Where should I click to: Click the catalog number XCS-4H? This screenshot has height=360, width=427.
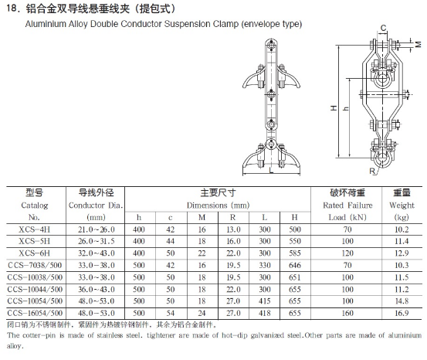point(34,229)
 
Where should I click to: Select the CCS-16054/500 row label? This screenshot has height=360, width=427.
point(35,313)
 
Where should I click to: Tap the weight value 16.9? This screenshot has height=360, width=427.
point(402,313)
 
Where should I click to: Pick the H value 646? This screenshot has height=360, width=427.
point(295,265)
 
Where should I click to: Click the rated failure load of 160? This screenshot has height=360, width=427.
point(347,313)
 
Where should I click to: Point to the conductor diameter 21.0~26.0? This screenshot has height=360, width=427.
point(96,229)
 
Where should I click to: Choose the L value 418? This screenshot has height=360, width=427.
point(264,313)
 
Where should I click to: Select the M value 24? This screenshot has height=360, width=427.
point(202,313)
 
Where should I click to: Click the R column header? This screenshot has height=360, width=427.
point(232,218)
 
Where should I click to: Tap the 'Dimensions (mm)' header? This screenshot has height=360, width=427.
point(218,205)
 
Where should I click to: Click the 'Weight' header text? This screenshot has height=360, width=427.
point(402,205)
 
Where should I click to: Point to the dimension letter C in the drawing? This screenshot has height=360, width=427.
point(384,28)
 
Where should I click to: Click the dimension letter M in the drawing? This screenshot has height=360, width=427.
point(419,43)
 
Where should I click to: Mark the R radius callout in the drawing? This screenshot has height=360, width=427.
point(372,172)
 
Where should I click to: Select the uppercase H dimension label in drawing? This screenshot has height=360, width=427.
point(334,108)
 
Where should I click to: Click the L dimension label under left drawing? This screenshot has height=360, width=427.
point(271,172)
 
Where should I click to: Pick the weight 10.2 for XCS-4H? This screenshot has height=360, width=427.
point(402,229)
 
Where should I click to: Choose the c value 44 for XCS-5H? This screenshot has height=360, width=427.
point(171,241)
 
